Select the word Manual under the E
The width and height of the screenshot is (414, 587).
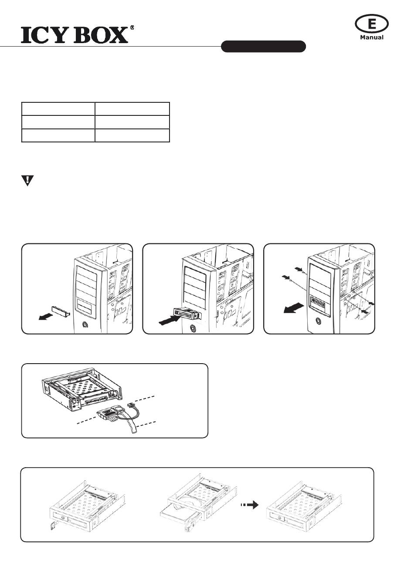point(372,37)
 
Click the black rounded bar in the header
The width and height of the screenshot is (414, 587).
point(263,47)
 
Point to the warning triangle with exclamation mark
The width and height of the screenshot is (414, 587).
point(27,181)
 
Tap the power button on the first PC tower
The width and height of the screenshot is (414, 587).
point(85,324)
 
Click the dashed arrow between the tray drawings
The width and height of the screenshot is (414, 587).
point(250,505)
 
